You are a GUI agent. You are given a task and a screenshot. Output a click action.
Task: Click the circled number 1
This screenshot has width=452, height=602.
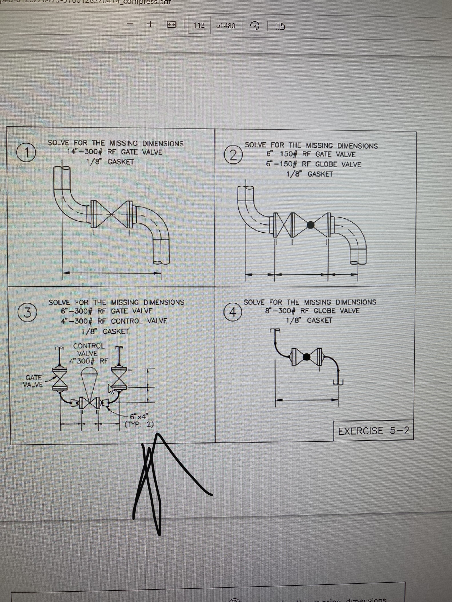coord(26,152)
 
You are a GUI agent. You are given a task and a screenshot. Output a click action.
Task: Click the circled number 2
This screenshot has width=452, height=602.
coord(233,156)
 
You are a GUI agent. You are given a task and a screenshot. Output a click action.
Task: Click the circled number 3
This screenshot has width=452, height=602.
coord(27,313)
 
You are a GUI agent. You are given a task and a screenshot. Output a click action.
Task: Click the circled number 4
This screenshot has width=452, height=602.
coord(233,312)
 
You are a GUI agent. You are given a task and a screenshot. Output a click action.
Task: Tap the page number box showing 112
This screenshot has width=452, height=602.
coord(199,25)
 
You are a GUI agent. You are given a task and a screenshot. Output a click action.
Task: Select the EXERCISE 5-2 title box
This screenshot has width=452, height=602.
coord(373,431)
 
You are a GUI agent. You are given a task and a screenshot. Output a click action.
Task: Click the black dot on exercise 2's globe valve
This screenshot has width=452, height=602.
coord(311,225)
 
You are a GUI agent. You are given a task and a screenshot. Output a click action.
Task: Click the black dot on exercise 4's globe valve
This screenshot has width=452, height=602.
coord(307,357)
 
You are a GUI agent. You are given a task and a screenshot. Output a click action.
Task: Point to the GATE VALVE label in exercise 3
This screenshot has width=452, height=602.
coord(33,381)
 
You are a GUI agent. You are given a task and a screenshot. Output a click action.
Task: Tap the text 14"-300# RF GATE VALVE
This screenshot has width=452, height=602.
coord(114,152)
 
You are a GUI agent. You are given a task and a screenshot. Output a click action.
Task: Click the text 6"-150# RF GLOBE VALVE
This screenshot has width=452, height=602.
coord(313,164)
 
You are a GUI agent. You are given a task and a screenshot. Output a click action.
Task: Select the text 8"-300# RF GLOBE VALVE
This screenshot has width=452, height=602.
coord(312,311)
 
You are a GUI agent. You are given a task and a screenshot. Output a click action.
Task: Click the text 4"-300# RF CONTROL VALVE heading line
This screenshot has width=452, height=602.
coord(114,321)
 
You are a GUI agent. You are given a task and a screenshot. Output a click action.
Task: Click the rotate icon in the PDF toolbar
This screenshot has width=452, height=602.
coord(255,26)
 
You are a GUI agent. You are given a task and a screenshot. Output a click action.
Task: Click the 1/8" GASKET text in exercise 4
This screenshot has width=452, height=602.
coord(309,320)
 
